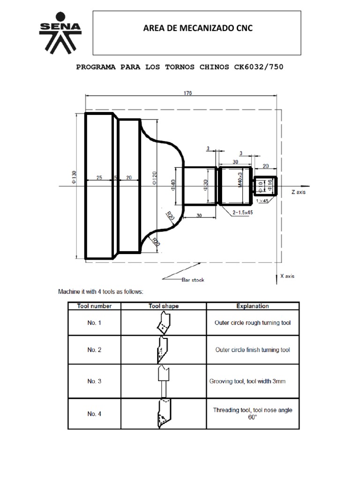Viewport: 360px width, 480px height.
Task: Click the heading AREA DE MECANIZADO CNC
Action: tap(197, 29)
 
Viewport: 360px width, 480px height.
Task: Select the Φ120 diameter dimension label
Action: tap(155, 179)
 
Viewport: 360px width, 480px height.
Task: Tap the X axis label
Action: tap(287, 276)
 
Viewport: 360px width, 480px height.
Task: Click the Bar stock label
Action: tap(193, 280)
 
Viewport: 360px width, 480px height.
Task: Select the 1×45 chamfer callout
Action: tap(263, 200)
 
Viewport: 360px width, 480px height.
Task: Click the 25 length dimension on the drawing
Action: tap(99, 178)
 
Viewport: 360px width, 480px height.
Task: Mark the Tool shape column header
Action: tap(164, 306)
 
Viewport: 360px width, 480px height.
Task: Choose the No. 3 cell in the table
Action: tap(94, 381)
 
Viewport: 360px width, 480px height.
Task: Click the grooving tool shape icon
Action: tap(164, 381)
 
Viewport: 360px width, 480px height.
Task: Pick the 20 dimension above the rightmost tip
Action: tap(265, 166)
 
